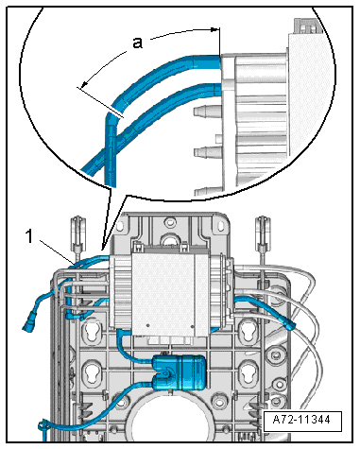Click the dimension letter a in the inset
[137, 43]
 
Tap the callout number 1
[29, 236]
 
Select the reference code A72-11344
[301, 420]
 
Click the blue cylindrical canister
[180, 372]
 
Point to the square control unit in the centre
[163, 294]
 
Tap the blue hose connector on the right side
[290, 323]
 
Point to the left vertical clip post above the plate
[77, 236]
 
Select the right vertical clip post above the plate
[262, 236]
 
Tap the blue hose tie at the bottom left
[43, 426]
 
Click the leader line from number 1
[58, 251]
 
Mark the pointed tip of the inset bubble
[102, 250]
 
